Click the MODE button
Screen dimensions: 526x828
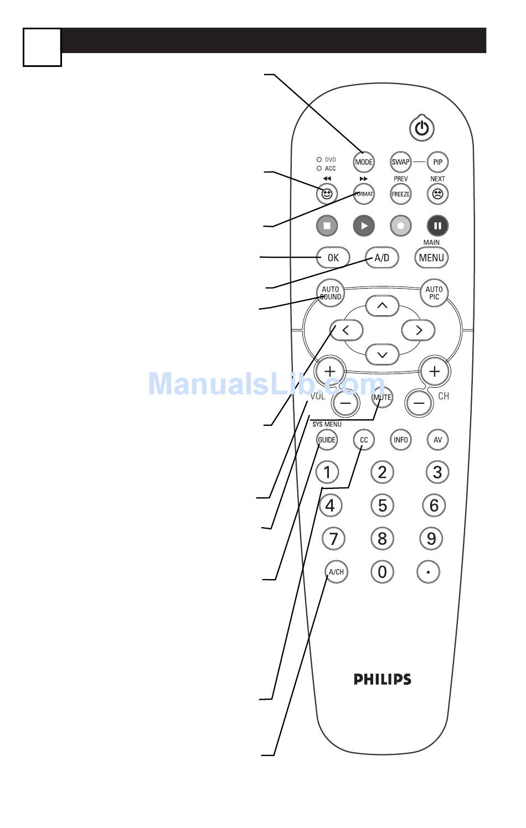coord(364,162)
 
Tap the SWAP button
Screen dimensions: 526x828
coord(400,162)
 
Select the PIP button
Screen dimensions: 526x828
coord(437,162)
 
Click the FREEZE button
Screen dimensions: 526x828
coord(400,194)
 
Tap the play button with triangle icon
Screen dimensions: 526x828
coord(364,226)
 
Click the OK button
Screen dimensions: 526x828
coord(333,258)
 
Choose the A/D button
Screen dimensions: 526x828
coord(382,258)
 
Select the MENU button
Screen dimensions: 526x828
coord(431,258)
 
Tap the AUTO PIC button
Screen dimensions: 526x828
coord(434,293)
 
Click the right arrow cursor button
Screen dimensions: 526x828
coord(419,330)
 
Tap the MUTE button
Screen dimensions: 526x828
coord(382,397)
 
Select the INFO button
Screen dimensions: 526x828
coord(400,440)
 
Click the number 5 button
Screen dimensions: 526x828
coord(382,505)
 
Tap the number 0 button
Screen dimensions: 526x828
coord(382,571)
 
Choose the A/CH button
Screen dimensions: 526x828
coord(336,571)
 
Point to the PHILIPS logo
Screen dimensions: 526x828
coord(383,679)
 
